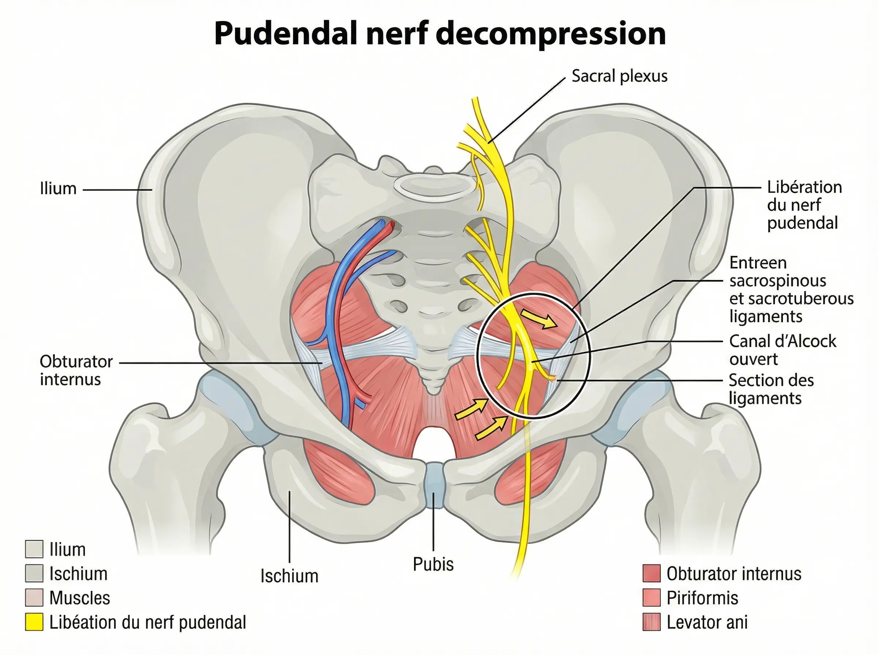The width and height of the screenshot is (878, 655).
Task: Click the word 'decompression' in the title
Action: (551, 34)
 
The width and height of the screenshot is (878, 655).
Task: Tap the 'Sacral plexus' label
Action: (619, 76)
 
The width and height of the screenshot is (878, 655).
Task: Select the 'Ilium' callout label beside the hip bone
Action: (58, 189)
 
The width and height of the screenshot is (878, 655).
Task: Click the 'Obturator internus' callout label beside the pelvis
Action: (76, 370)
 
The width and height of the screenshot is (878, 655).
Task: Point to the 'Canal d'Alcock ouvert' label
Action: (782, 350)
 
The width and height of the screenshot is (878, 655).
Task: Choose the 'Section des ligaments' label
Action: (770, 389)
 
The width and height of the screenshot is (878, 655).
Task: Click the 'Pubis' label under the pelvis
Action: (433, 564)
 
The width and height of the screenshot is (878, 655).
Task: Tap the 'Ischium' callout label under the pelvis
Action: (289, 576)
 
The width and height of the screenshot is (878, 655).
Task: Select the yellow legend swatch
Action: (34, 622)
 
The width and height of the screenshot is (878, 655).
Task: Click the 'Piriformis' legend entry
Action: (702, 598)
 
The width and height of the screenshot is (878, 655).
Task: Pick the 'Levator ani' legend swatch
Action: (652, 622)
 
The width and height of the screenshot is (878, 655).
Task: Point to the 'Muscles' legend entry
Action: (79, 598)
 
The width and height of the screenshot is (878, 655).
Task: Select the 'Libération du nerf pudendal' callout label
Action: (804, 205)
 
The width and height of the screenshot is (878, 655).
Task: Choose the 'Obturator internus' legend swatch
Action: (652, 574)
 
